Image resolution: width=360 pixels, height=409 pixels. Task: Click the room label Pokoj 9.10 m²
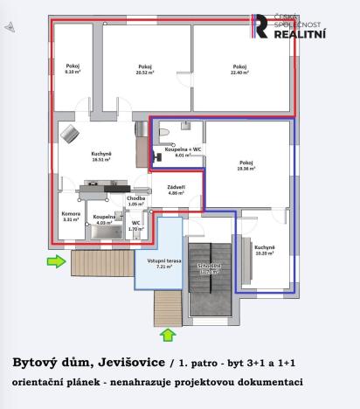[72, 69]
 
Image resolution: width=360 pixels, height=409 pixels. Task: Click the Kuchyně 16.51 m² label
[102, 157]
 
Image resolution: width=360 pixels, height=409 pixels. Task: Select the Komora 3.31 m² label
[71, 217]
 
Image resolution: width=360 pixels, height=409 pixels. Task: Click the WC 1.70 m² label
[135, 225]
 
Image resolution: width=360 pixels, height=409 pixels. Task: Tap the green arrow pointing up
[168, 333]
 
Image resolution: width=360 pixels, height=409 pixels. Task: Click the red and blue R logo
[260, 27]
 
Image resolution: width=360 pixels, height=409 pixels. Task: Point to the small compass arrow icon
[9, 27]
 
